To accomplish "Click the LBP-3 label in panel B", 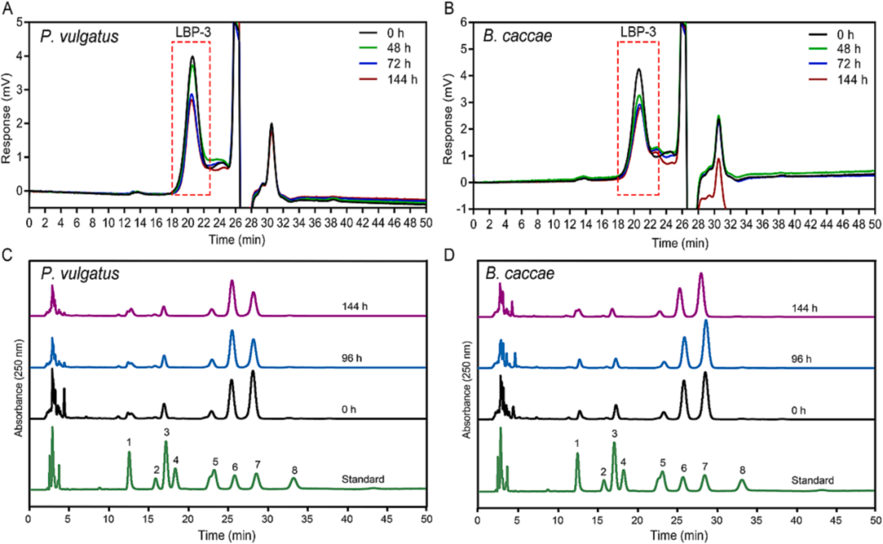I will [x=639, y=32].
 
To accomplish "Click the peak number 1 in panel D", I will [x=577, y=443].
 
